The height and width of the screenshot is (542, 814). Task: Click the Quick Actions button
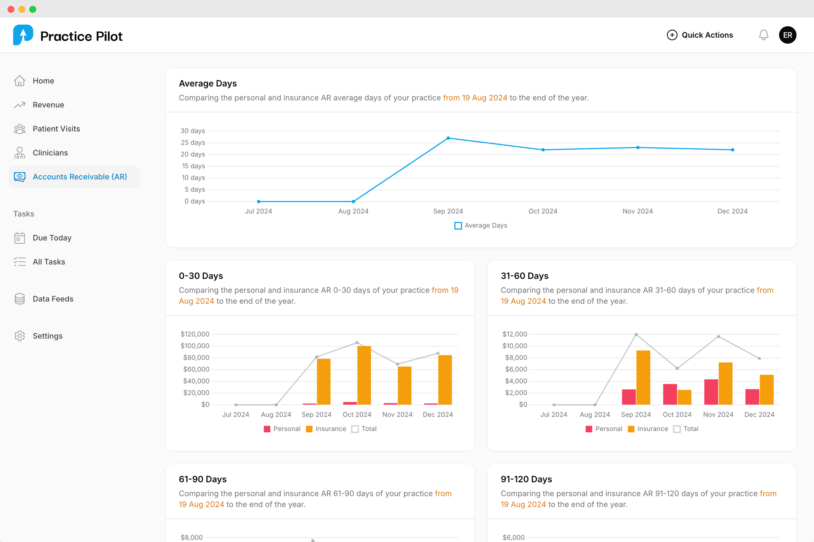click(700, 35)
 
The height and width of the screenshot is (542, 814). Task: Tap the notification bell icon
click(764, 35)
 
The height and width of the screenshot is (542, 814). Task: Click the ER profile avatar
click(787, 35)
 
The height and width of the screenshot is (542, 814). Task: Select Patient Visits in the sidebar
click(56, 129)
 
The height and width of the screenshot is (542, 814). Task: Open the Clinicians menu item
click(50, 153)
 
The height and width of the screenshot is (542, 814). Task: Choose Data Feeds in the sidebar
click(53, 299)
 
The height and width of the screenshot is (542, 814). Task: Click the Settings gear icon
click(19, 336)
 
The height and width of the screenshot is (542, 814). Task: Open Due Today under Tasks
click(52, 238)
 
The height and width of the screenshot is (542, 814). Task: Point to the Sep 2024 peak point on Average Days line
click(448, 138)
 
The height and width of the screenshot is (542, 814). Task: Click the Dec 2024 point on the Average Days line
click(733, 150)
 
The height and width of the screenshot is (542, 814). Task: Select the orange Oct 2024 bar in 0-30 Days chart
click(364, 375)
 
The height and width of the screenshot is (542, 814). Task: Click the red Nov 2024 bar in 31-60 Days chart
click(711, 392)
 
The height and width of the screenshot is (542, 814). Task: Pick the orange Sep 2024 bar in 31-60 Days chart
click(643, 377)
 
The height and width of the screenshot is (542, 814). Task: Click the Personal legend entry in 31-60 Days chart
click(604, 429)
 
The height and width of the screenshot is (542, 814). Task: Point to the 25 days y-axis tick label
click(193, 143)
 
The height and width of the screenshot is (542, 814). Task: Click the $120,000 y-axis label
click(195, 334)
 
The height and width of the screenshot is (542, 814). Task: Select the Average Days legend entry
click(481, 226)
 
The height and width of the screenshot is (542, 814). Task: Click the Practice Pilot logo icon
click(23, 35)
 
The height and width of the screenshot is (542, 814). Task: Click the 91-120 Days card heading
click(526, 479)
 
